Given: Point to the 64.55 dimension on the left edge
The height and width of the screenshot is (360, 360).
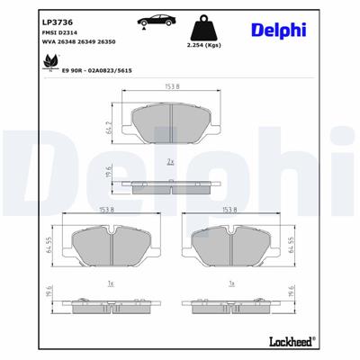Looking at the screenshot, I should [x=39, y=244].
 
